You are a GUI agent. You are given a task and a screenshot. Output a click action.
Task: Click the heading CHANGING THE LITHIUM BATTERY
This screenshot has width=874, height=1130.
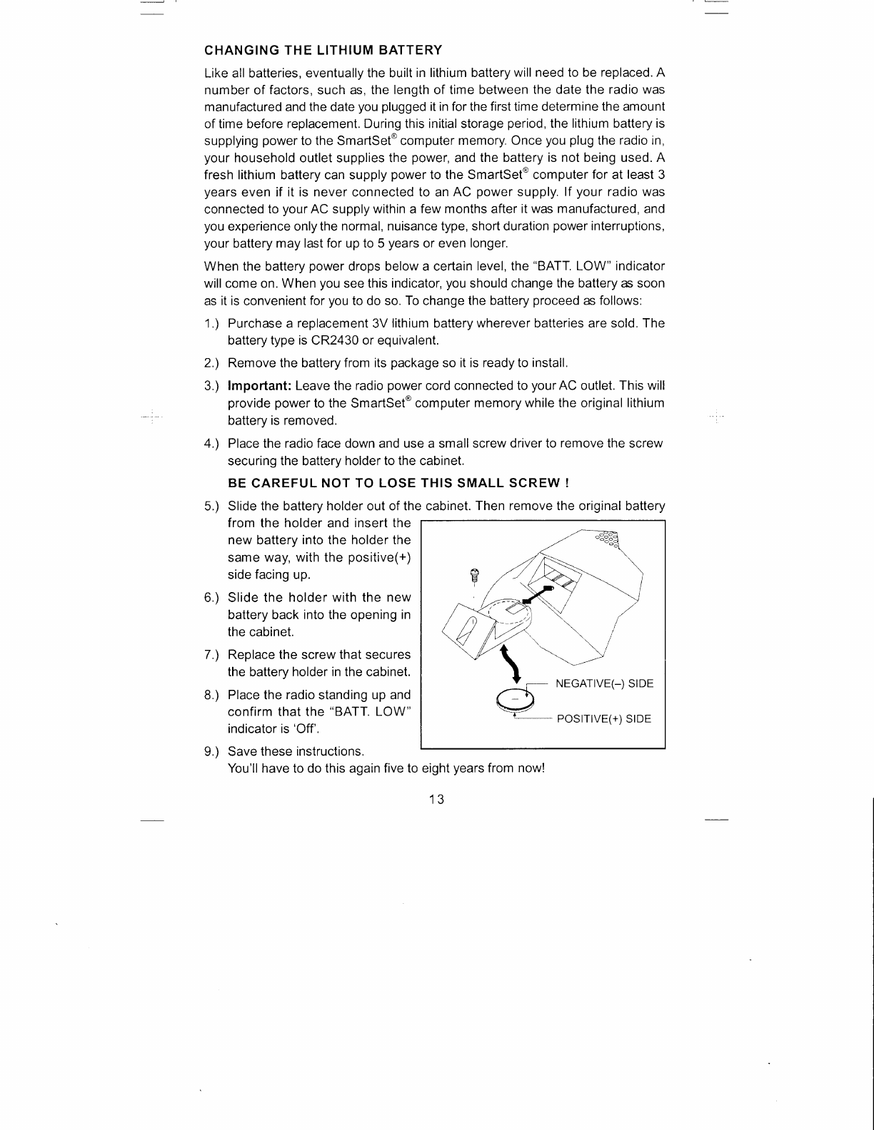323,50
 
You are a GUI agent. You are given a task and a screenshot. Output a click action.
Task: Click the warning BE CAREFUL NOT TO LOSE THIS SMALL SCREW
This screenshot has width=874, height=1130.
397,483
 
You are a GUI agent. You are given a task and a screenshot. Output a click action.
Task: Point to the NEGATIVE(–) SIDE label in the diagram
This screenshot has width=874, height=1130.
604,683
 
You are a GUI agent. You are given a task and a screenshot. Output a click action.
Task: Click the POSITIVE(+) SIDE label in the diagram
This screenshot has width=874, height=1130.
603,718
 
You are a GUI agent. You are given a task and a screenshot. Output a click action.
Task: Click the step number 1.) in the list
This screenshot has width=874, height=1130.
212,323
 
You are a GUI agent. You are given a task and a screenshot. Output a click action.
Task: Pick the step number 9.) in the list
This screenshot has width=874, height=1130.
212,751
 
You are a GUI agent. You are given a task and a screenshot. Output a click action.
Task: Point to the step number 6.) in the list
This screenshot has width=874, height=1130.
212,597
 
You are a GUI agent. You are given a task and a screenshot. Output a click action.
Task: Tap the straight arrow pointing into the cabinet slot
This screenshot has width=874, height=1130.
540,594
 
